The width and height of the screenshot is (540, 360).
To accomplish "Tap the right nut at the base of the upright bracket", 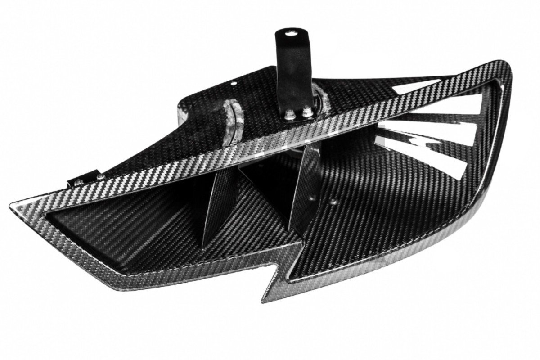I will tap(307, 111).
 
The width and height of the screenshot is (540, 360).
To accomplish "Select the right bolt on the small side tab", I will tap(98, 177).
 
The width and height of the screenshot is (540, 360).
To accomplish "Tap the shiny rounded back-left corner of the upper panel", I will tap(182, 111).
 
